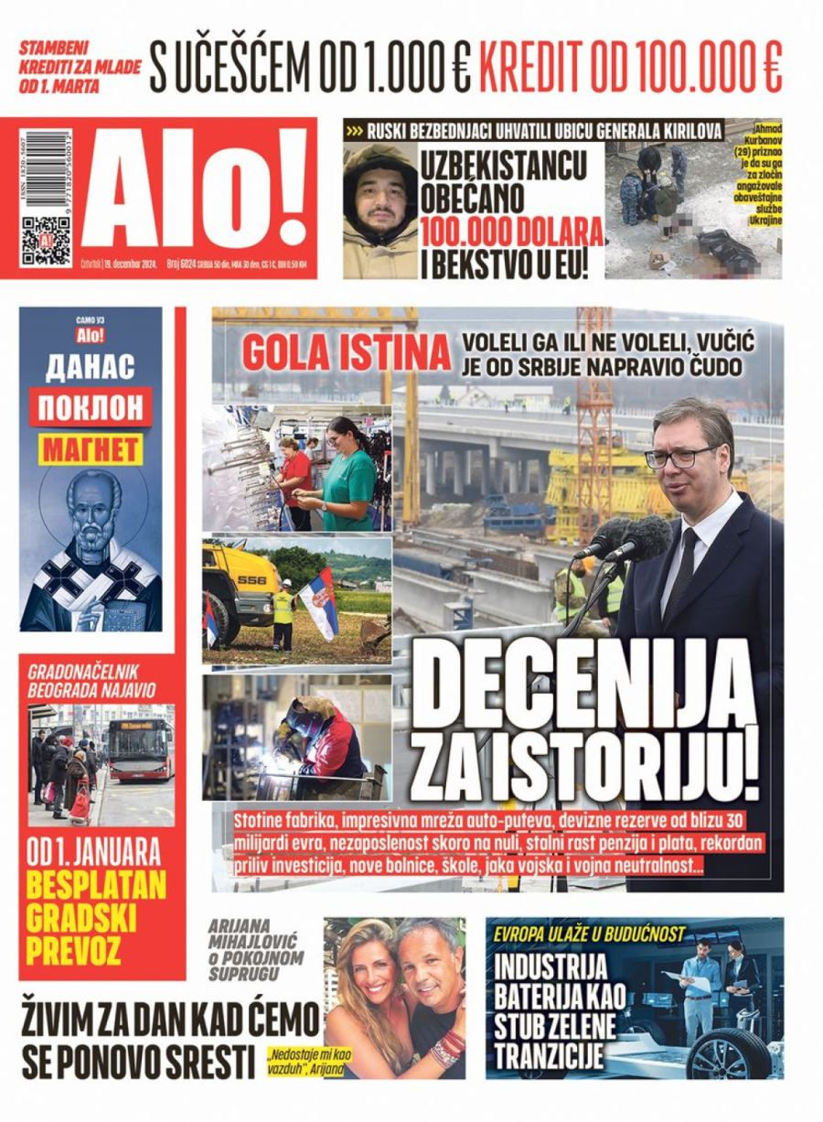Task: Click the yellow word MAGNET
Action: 91,448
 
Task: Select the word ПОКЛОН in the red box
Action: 91,406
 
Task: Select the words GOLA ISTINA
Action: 346,353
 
